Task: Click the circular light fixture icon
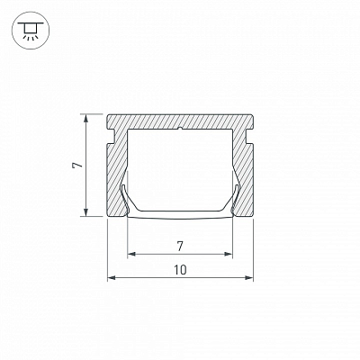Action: coord(31,31)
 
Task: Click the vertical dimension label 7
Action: coord(77,166)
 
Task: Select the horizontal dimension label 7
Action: coord(180,247)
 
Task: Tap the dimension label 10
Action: coord(180,270)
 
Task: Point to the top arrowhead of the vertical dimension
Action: coord(86,118)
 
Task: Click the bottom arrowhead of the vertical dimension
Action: coord(86,212)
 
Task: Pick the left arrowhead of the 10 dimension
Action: coord(112,278)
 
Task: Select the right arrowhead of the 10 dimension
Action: coord(249,278)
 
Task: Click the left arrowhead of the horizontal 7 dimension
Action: coord(131,255)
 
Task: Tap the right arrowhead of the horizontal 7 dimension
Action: coord(229,255)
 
